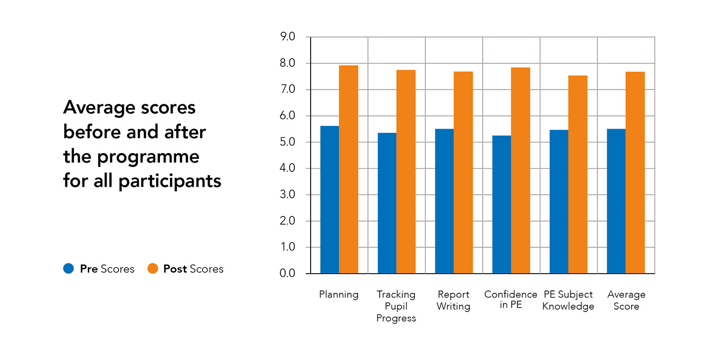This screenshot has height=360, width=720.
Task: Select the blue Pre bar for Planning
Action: [x=330, y=200]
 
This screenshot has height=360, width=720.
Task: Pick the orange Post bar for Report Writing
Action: [x=463, y=172]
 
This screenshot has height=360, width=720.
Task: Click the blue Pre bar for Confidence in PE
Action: [x=502, y=204]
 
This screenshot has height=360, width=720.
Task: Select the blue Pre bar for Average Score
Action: [x=616, y=201]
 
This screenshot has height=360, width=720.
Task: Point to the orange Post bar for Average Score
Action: [x=635, y=172]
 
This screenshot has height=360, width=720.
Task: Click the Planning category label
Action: [x=339, y=295]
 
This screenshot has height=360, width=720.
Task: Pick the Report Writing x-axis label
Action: [x=454, y=300]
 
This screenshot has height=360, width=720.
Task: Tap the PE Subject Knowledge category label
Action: [x=568, y=300]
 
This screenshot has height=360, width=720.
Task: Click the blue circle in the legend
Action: [x=69, y=269]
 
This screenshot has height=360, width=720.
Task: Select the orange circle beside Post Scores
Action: [x=153, y=269]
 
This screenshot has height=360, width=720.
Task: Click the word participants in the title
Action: [x=170, y=181]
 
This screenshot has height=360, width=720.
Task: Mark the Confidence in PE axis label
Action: [x=511, y=300]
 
